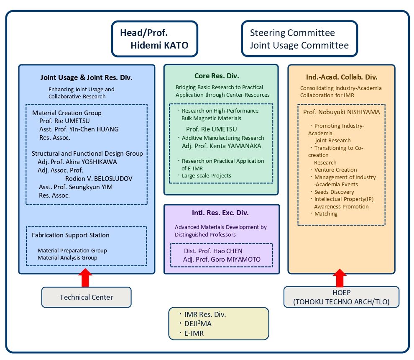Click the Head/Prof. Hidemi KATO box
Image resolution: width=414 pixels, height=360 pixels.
(154, 39)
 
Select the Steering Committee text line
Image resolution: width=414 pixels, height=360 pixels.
(292, 33)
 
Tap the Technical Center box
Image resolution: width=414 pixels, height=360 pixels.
(86, 297)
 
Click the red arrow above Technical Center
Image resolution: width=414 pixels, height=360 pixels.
(85, 278)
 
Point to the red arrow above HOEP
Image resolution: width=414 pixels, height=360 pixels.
(340, 278)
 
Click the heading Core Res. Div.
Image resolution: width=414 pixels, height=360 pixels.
(217, 76)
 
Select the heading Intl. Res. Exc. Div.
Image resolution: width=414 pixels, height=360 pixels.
(220, 213)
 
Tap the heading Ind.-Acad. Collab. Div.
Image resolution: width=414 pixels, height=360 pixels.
(342, 77)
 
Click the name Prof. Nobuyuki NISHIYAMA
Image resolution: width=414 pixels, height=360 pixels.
(341, 112)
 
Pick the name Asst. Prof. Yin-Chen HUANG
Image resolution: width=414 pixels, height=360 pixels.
(79, 129)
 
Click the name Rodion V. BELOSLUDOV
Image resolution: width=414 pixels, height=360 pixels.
(99, 179)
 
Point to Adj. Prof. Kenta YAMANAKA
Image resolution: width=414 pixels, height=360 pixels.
(222, 146)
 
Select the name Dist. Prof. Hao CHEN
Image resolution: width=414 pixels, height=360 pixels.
(213, 251)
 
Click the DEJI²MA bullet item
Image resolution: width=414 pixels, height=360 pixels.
(198, 324)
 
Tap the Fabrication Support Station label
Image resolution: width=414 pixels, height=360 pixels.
(71, 235)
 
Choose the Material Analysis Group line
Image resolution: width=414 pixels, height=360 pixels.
(67, 258)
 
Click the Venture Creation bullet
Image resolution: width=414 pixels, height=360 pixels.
(335, 170)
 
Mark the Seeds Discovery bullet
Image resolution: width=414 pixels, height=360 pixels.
(334, 192)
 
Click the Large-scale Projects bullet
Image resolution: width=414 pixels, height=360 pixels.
(206, 175)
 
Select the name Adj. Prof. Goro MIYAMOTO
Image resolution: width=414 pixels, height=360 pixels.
(222, 260)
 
